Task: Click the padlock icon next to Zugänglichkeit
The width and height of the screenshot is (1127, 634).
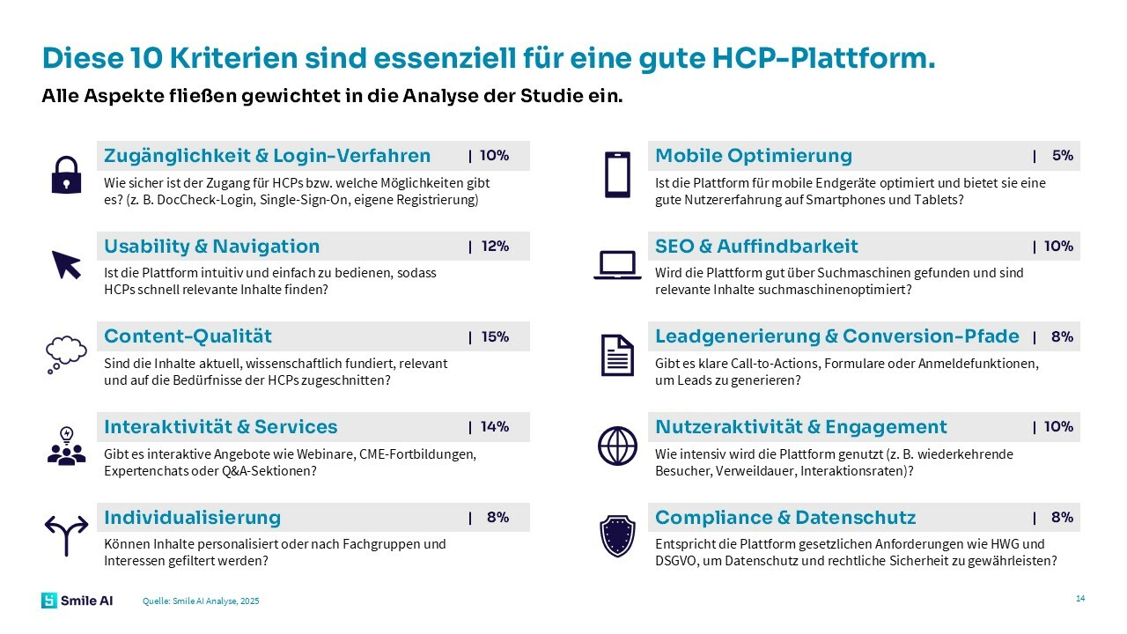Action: click(x=66, y=174)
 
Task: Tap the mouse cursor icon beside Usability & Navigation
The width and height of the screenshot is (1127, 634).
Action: click(x=66, y=264)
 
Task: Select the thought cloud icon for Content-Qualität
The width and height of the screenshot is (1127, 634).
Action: click(x=66, y=354)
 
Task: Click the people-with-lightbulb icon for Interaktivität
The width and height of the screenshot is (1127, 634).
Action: click(x=66, y=446)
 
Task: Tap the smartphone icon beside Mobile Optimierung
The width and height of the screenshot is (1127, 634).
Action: click(x=617, y=174)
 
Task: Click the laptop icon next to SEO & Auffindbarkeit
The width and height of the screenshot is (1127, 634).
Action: click(x=617, y=265)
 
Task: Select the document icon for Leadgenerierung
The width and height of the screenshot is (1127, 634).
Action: click(x=617, y=355)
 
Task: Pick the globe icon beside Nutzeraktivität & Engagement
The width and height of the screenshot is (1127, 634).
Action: click(x=617, y=446)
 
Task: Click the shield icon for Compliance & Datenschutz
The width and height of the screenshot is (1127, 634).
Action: click(x=617, y=535)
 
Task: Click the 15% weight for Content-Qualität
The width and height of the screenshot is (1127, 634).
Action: click(x=495, y=336)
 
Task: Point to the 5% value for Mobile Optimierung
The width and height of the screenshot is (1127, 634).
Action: click(x=1062, y=156)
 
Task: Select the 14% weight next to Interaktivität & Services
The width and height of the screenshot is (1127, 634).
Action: click(x=495, y=427)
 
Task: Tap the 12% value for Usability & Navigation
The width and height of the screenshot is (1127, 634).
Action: click(x=495, y=247)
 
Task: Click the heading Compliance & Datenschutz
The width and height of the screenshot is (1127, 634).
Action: click(x=785, y=518)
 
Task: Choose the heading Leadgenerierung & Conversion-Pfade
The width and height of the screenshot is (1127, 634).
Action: click(x=836, y=336)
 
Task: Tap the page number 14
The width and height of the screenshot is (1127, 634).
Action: click(x=1080, y=599)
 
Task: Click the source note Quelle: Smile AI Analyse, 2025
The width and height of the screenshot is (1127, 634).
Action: click(x=201, y=601)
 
